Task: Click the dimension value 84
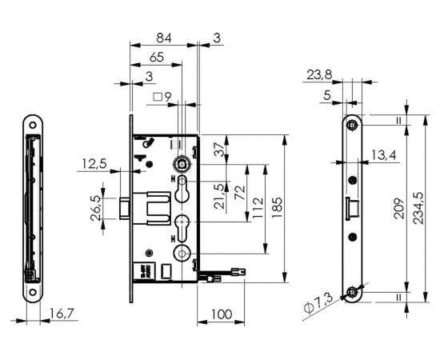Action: pos(164,38)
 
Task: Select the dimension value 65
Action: pos(157,58)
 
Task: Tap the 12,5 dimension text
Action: pos(94,164)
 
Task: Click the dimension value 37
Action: pos(218,148)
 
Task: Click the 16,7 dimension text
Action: pos(58,314)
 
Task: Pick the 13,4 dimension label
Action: pos(383,154)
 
